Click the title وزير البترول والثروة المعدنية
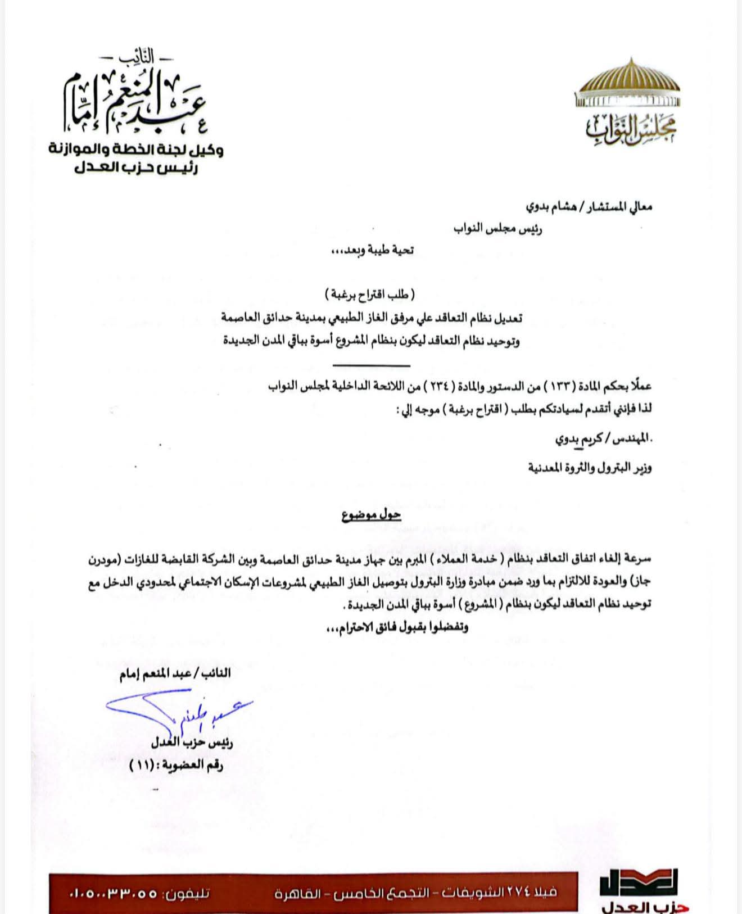point(590,467)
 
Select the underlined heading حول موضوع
point(372,515)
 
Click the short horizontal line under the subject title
point(371,366)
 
